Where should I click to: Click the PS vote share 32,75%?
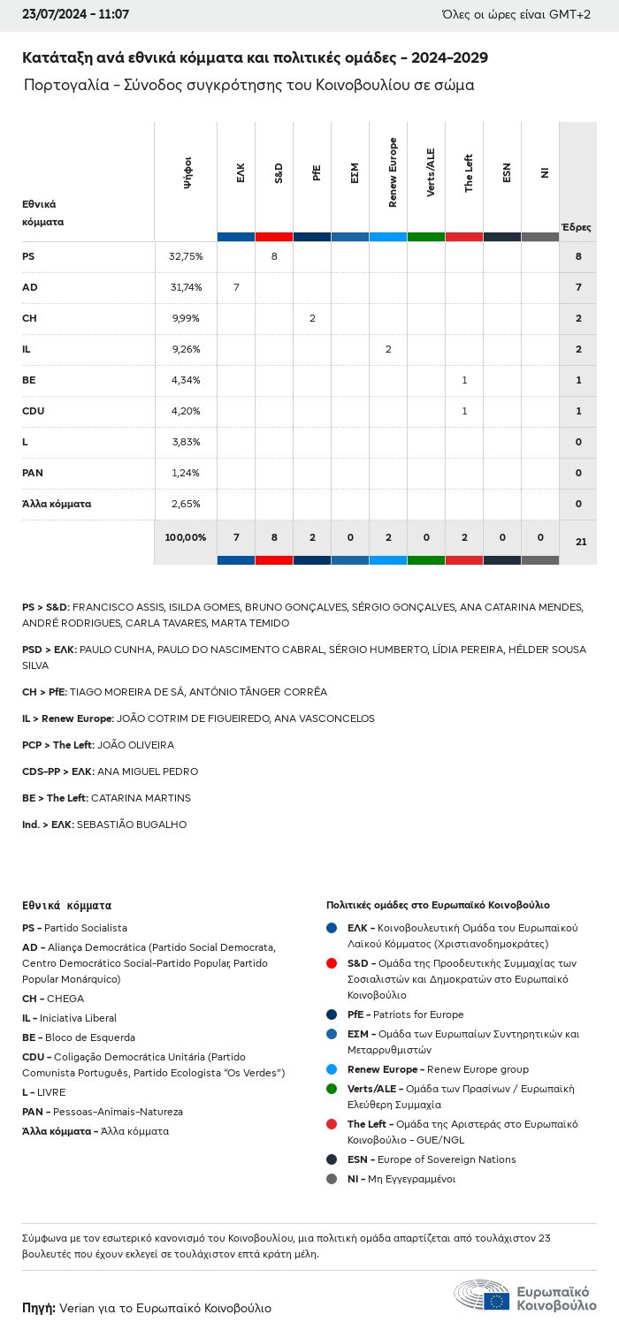[x=186, y=256]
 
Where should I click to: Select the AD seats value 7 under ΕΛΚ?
[x=236, y=287]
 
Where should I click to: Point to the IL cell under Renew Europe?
[x=388, y=349]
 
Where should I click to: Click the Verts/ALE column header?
[x=431, y=172]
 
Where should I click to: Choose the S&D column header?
[x=279, y=172]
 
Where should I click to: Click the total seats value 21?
[x=581, y=542]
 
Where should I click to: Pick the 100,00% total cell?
[x=186, y=537]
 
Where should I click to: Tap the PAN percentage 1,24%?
[x=186, y=473]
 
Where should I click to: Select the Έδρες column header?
[x=576, y=227]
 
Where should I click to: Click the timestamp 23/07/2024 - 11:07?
[x=75, y=14]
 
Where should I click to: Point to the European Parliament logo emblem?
[x=481, y=1295]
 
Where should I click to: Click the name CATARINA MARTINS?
[x=141, y=798]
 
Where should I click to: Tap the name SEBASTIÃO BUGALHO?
[x=132, y=825]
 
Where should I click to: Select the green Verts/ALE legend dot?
[x=332, y=1089]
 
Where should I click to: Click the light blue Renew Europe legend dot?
[x=332, y=1069]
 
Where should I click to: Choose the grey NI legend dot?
[x=332, y=1179]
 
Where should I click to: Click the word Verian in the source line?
[x=77, y=1308]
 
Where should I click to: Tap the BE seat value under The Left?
[x=464, y=380]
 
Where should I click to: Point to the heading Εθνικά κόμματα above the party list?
[x=67, y=905]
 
